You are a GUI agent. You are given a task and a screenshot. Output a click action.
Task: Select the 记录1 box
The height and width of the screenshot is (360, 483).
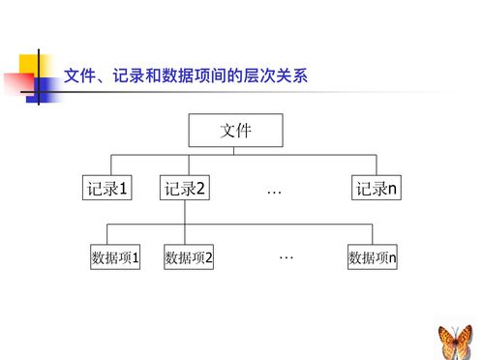[106, 190]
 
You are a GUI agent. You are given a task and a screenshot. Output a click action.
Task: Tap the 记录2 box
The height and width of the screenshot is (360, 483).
[185, 190]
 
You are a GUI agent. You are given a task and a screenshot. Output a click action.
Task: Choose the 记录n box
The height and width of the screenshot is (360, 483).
[376, 190]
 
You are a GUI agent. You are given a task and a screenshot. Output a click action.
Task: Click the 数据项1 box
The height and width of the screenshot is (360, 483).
[115, 257]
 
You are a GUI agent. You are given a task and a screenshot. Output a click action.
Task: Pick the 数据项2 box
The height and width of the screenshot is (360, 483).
[189, 257]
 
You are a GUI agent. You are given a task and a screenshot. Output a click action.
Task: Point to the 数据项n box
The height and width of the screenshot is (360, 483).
[373, 257]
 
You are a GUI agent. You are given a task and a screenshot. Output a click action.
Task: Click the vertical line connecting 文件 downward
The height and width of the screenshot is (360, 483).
[234, 151]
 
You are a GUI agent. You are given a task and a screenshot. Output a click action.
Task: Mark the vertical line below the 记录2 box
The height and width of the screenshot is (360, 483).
[185, 213]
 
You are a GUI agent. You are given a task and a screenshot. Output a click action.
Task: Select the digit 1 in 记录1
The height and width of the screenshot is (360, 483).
[124, 190]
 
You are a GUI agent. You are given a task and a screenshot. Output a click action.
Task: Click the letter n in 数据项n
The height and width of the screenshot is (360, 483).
[392, 258]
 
